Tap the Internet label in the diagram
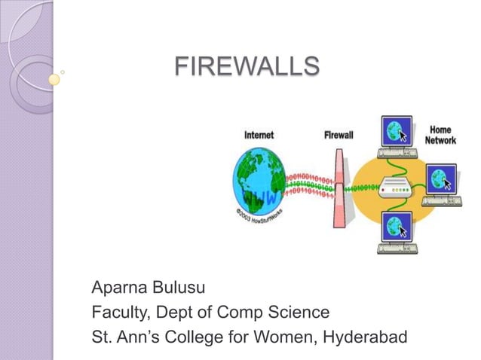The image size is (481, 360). point(259,136)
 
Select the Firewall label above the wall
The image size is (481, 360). point(339,136)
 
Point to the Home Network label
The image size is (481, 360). point(440,136)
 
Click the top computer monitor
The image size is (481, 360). point(396,133)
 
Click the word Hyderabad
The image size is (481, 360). point(367,333)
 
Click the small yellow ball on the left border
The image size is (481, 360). point(54,78)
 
